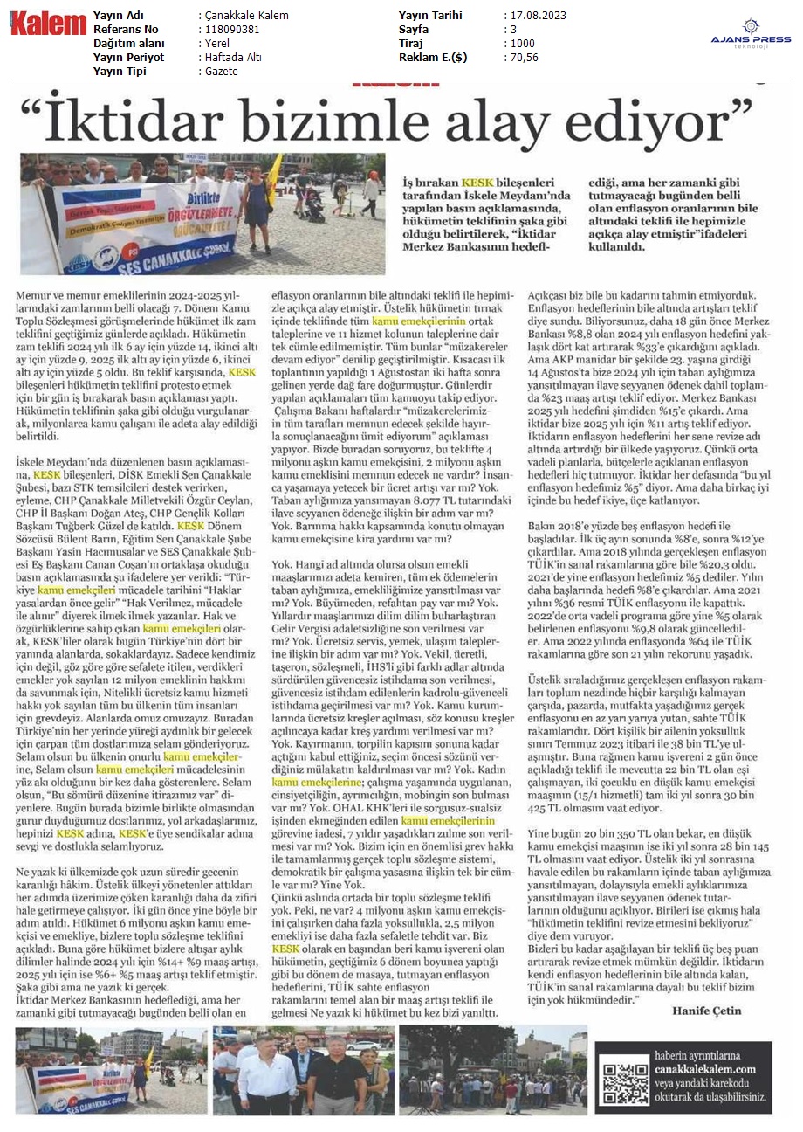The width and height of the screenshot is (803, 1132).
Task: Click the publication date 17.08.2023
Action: click(538, 16)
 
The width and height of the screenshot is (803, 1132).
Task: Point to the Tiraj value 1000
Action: click(524, 44)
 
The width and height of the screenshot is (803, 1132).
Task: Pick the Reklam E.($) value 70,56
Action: click(526, 58)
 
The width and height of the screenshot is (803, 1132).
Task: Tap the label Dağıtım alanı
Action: click(127, 44)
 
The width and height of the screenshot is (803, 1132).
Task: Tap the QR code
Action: click(621, 1083)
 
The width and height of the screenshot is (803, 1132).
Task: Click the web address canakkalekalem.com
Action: click(704, 1069)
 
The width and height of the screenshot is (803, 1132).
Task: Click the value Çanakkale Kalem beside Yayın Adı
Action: click(245, 16)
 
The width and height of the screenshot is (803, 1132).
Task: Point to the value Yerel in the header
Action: click(214, 44)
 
